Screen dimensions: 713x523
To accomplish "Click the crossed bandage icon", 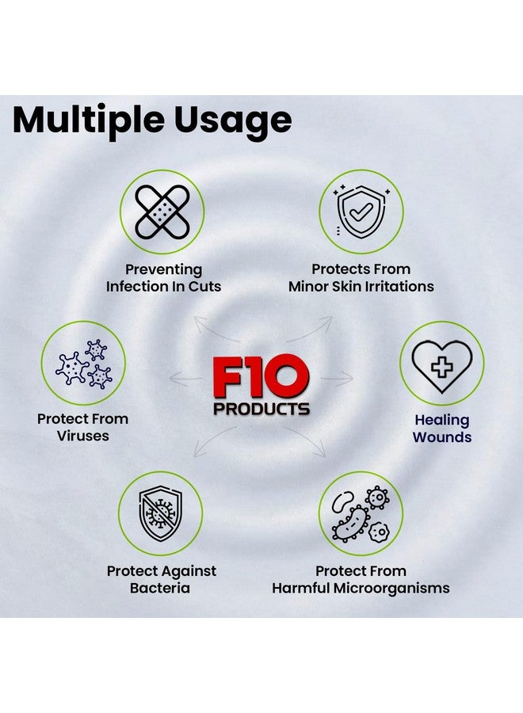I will point(162,212).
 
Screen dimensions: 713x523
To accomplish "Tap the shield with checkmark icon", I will point(361,212).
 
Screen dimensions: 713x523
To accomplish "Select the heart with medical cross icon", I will point(441,363).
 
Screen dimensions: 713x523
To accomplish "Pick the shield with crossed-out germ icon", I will point(161,513).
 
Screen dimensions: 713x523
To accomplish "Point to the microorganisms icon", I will point(361,513).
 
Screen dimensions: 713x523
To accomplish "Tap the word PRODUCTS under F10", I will point(260,410).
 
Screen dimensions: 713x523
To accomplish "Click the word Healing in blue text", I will point(441,420).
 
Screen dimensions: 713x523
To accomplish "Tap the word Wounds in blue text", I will point(441,437).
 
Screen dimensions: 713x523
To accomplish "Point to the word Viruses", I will point(83,437).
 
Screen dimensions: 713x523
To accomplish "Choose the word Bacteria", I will point(161,588).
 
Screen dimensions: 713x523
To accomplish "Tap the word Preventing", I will point(163,269).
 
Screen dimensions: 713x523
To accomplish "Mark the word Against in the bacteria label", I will point(189,571).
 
